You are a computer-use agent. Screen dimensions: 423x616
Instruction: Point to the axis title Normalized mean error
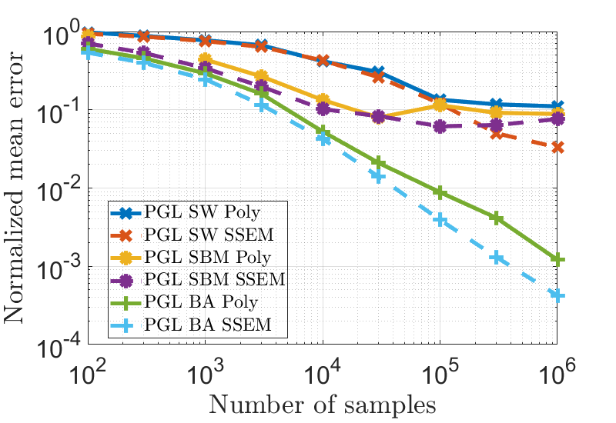[20, 188]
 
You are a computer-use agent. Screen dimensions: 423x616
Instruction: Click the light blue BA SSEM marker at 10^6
[557, 295]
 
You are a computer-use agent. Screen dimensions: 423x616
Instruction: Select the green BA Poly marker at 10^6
[557, 260]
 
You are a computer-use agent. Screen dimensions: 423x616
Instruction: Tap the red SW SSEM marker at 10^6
[557, 147]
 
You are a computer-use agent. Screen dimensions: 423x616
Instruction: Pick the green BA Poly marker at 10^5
[440, 192]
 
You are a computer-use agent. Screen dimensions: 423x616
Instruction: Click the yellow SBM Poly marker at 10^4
[323, 100]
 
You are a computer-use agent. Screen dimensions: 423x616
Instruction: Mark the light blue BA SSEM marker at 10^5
[440, 220]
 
